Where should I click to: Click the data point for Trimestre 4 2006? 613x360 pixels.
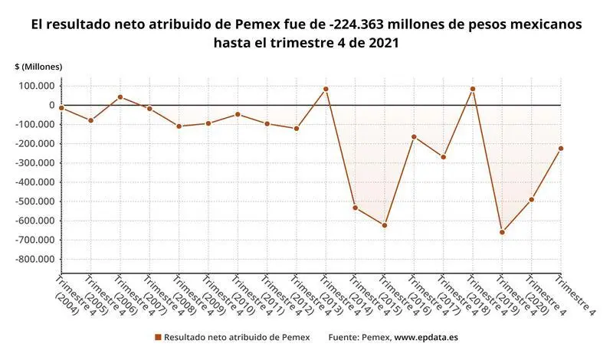tap(120, 97)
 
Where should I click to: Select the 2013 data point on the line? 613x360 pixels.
tap(326, 89)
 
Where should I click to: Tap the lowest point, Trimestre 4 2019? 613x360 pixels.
tap(502, 232)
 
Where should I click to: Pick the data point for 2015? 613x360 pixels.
tap(385, 225)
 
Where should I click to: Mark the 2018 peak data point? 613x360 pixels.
tap(473, 89)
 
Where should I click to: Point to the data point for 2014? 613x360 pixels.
tap(356, 208)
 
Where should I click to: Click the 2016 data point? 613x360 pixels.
tap(414, 137)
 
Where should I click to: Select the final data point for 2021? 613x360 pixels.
tap(560, 149)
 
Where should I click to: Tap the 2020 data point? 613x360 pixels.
tap(531, 200)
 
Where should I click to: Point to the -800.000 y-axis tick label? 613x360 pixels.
tap(35, 259)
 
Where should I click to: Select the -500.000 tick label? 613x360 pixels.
tap(35, 201)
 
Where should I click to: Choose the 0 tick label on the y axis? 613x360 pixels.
tap(51, 105)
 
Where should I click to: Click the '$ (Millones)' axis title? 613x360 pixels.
tap(38, 67)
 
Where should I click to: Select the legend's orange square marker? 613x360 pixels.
tap(158, 337)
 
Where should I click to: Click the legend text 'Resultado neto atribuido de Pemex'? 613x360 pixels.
tap(237, 337)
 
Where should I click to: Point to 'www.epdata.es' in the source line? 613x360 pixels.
tap(426, 337)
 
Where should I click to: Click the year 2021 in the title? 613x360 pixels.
tap(382, 44)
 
